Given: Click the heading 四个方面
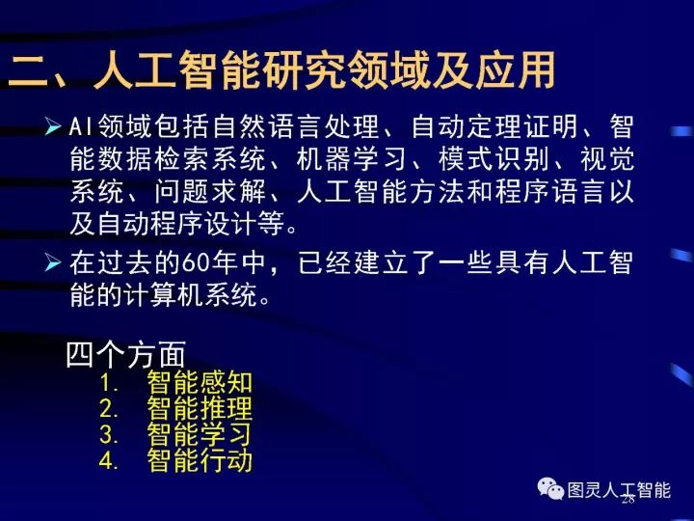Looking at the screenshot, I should point(125,355).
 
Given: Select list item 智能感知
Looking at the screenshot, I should point(200,382).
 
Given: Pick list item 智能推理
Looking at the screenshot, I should point(200,408).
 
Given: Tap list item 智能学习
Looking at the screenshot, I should point(200,434).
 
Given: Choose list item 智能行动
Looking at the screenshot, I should point(200,460).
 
